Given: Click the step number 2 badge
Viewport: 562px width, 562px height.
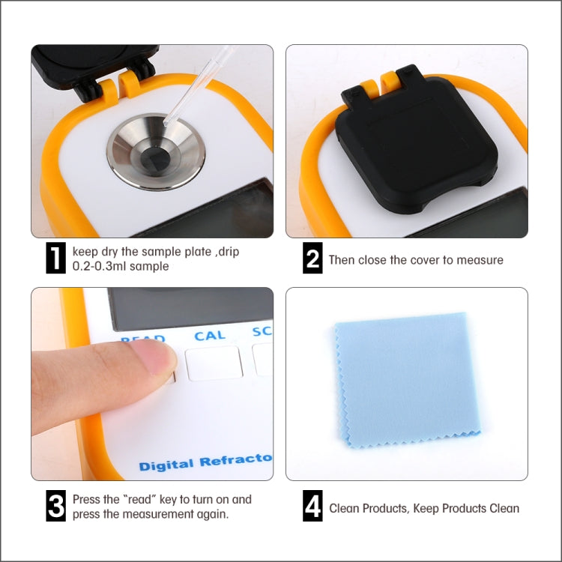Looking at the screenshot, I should [x=313, y=259].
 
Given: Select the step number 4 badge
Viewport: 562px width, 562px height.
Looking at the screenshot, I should [x=313, y=507].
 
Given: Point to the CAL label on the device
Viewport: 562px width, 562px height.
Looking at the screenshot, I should [x=210, y=336].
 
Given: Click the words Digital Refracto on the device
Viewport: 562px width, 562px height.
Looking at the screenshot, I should [x=205, y=462].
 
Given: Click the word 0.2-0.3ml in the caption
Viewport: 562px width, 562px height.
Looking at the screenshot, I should [x=96, y=266].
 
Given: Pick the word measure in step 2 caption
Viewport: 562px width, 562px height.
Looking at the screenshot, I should [x=480, y=260].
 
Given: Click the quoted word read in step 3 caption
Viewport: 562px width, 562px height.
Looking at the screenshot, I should [x=141, y=500].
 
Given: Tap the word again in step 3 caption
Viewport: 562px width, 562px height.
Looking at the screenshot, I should [x=211, y=514].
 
